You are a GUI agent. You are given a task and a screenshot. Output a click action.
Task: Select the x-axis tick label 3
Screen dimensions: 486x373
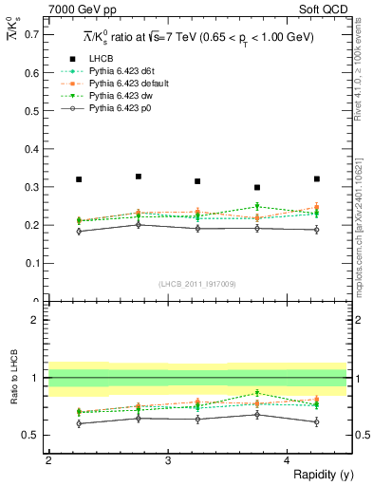click(x=167, y=460)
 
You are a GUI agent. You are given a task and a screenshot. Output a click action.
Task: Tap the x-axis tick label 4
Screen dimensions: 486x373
click(x=287, y=460)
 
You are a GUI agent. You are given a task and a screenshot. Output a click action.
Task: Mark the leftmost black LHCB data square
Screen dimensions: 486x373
click(x=79, y=179)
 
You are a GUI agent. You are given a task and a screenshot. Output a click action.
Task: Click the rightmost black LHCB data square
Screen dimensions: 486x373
click(x=317, y=178)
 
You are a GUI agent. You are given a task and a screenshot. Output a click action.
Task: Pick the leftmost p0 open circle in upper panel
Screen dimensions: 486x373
click(x=79, y=231)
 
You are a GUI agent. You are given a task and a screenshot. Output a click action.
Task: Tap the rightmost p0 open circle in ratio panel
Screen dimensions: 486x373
click(x=317, y=421)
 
